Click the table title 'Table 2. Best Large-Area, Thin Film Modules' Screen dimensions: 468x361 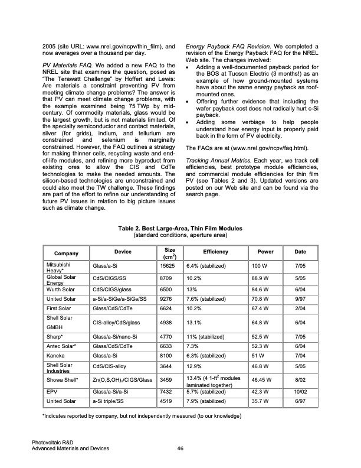(x=180, y=228)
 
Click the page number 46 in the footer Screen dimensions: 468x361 (x=180, y=449)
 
